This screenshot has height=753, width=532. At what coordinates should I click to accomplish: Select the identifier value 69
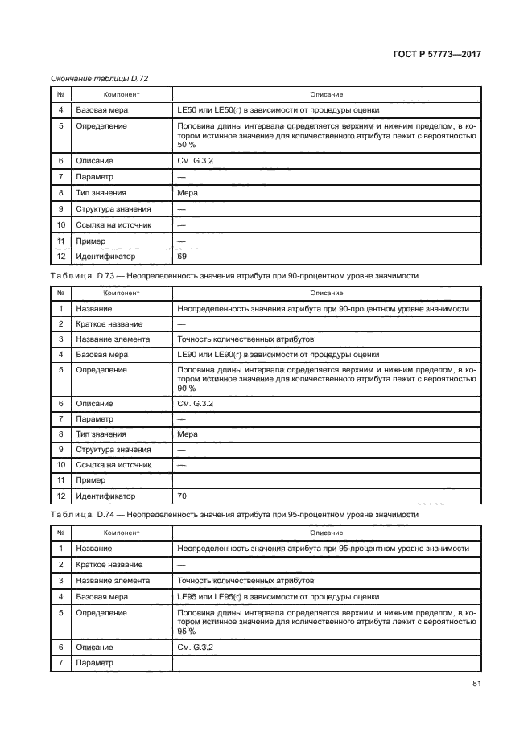[181, 257]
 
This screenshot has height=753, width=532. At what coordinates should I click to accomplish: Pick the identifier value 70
[181, 496]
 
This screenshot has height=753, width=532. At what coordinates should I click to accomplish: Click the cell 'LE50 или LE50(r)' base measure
[277, 110]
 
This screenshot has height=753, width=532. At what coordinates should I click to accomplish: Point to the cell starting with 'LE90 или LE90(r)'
[277, 354]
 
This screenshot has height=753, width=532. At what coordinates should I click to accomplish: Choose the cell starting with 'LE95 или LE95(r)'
[277, 597]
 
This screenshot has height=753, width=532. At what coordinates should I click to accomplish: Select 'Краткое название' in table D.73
[109, 324]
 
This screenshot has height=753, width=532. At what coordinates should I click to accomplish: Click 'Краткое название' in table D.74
[109, 565]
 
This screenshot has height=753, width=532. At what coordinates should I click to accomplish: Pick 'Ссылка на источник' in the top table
[113, 224]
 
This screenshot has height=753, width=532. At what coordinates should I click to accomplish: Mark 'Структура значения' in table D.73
[113, 450]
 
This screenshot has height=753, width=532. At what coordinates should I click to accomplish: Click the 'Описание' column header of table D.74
[327, 533]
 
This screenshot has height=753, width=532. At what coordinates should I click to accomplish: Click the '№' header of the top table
[60, 94]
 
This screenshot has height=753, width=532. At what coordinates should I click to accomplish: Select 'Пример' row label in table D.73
[91, 481]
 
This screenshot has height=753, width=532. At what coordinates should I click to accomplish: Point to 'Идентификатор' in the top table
[105, 257]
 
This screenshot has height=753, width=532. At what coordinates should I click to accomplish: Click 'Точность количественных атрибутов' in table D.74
[245, 581]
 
